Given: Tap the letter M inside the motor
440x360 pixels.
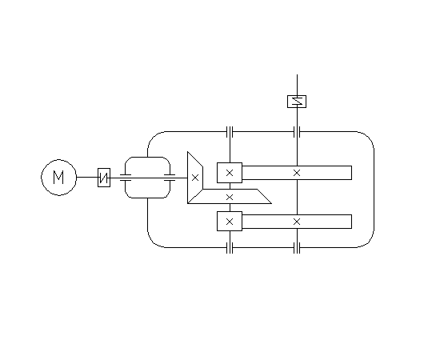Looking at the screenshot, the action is tap(58, 178).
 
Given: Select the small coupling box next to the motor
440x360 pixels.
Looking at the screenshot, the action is tap(104, 178).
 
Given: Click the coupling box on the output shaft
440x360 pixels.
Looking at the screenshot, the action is tap(297, 102).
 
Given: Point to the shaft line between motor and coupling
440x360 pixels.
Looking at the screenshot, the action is tap(87, 177).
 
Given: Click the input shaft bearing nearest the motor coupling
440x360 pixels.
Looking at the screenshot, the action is tap(126, 178).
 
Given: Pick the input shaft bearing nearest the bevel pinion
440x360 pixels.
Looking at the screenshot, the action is tap(170, 178).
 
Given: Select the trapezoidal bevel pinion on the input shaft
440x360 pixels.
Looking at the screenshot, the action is tap(195, 178).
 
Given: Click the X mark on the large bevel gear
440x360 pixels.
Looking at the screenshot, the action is tap(230, 198).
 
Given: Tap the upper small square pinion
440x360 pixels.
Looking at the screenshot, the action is tap(230, 173).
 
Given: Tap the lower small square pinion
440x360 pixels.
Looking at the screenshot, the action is tap(230, 222).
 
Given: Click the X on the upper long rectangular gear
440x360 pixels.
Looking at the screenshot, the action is tap(297, 173).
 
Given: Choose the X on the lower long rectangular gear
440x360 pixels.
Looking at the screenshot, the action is tap(297, 222).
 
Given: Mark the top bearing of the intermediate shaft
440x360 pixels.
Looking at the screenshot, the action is tap(230, 131).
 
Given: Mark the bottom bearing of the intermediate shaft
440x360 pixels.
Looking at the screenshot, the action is tap(230, 248).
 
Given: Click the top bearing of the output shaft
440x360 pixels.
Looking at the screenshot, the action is tap(297, 131).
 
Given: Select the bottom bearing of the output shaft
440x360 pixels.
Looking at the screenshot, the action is tap(297, 248).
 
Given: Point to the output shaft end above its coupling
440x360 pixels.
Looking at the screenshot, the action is tap(297, 74).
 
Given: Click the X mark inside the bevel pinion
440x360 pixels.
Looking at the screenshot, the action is tap(195, 178).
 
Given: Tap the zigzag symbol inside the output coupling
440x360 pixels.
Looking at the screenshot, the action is tap(297, 102).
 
